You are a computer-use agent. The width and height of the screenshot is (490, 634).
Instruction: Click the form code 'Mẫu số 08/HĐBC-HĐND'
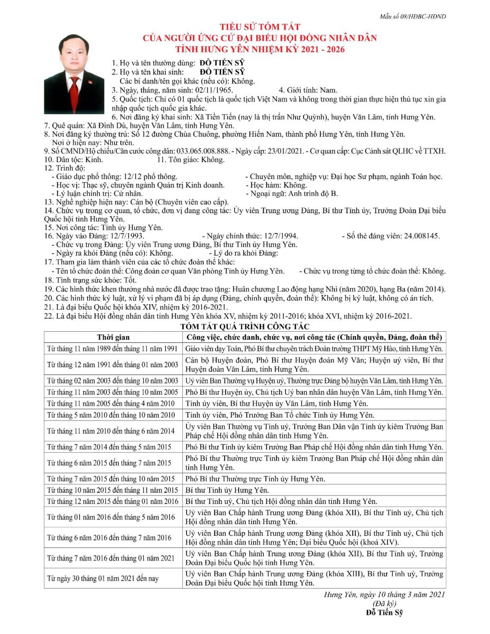(413, 16)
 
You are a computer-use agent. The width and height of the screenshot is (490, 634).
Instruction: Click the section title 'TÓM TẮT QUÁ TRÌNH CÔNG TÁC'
(245, 327)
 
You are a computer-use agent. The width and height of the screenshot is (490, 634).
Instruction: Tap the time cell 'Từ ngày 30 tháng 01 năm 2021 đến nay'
(103, 579)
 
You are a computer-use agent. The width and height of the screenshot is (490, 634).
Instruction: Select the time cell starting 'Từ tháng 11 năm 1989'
(112, 349)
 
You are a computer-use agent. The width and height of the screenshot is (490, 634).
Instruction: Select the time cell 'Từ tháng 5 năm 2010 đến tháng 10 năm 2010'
(110, 415)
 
